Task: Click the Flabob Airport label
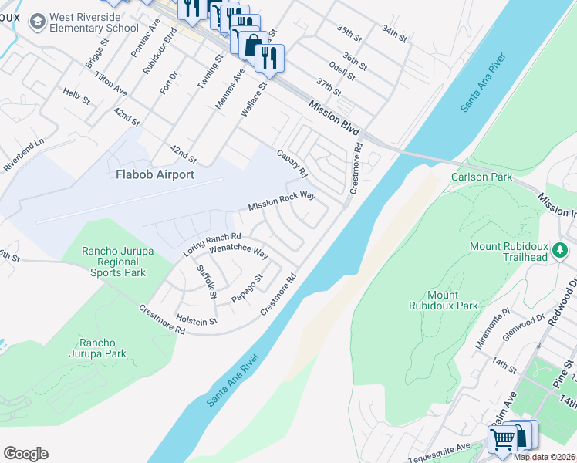(x=154, y=174)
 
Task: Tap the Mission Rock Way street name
(x=282, y=202)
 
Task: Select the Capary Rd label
(x=292, y=162)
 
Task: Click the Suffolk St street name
(x=207, y=278)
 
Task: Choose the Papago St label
(x=248, y=288)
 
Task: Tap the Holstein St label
(x=196, y=320)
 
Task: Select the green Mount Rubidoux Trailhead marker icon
(x=562, y=248)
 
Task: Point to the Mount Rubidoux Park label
(x=444, y=300)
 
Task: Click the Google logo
(x=25, y=453)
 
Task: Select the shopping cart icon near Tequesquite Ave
(x=503, y=439)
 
